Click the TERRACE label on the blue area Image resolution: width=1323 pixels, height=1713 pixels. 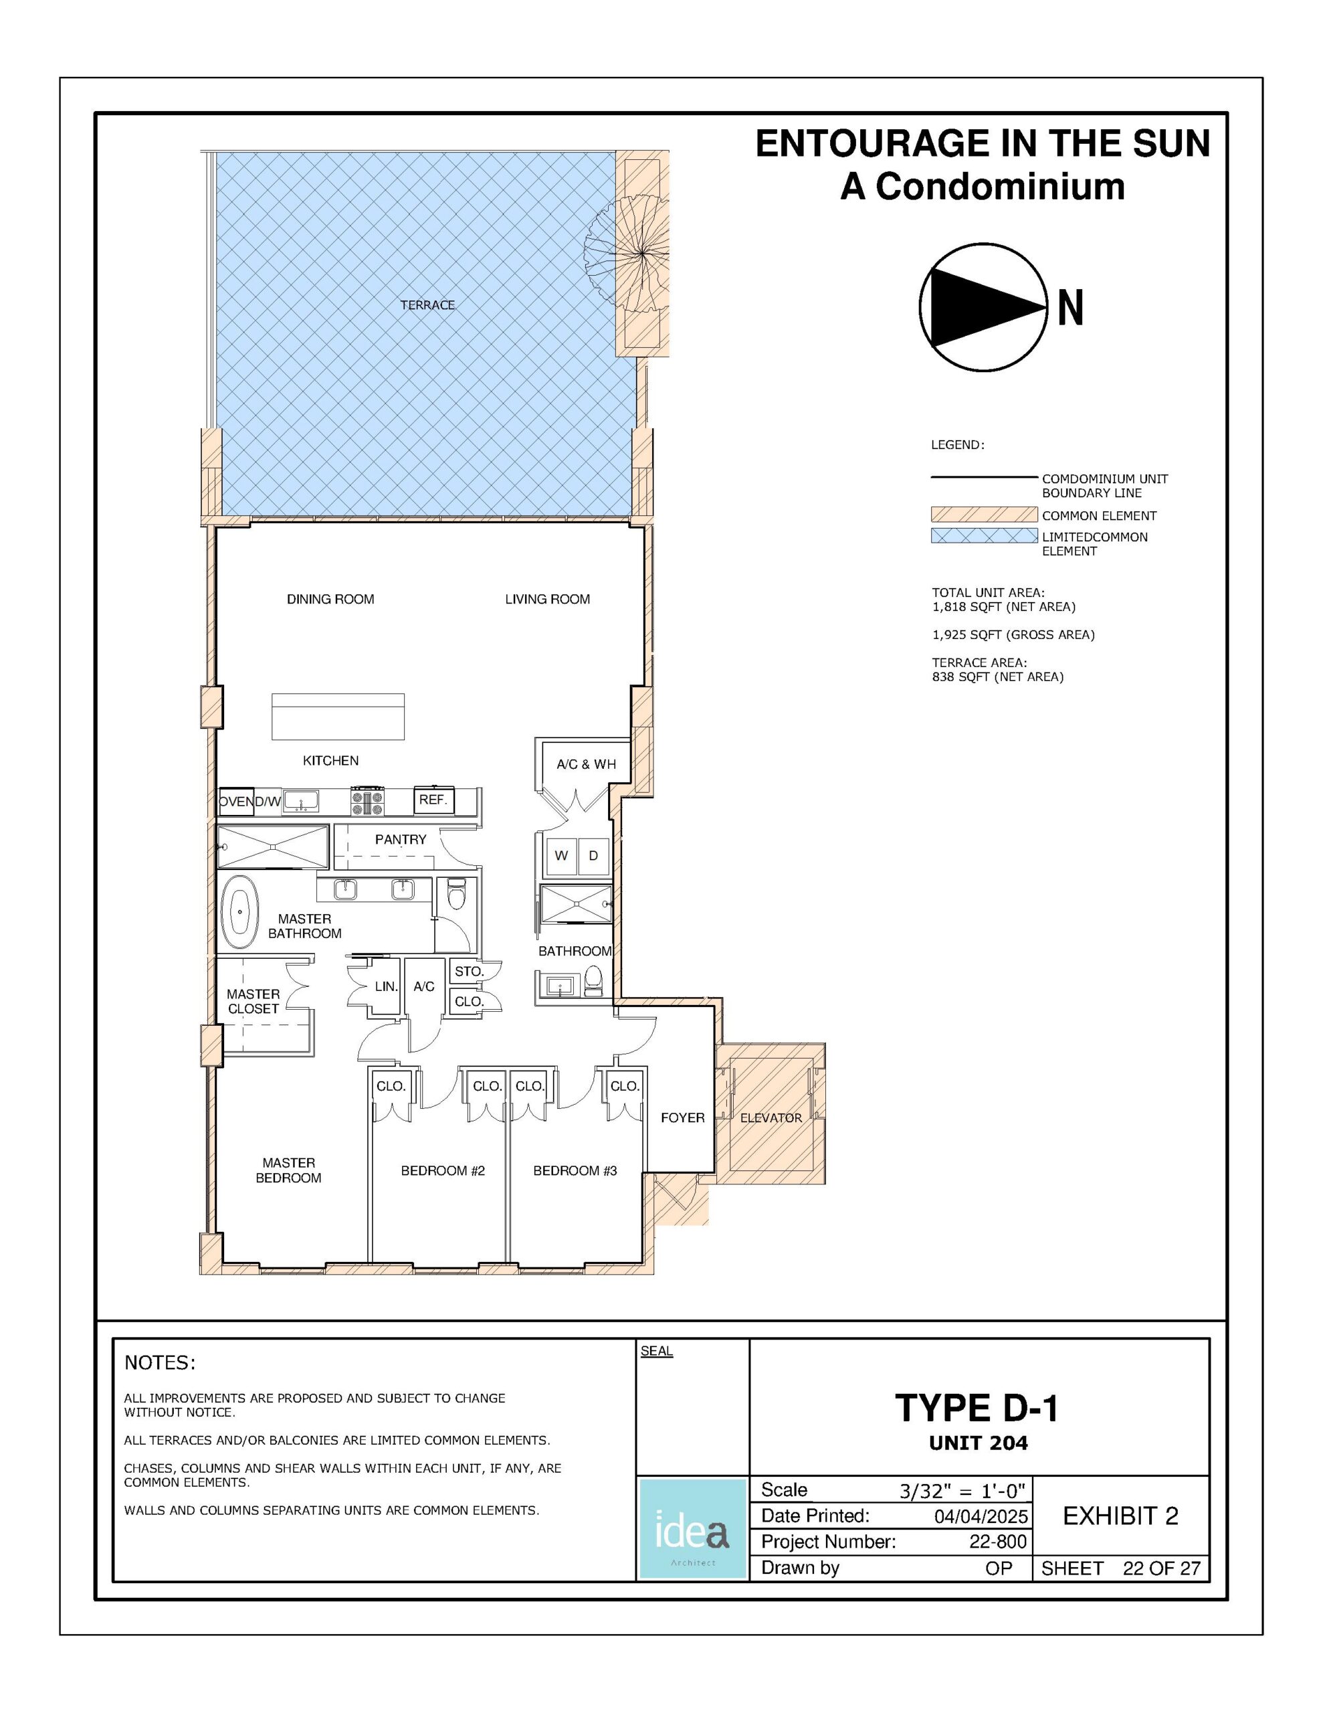tap(427, 305)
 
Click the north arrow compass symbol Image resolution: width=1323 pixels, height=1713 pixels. tap(983, 306)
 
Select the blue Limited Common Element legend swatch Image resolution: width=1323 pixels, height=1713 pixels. tap(983, 536)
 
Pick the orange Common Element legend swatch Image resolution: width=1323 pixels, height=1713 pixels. tap(983, 515)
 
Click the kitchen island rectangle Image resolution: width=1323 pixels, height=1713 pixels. tap(338, 716)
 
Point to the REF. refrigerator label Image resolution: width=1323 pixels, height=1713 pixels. tap(433, 800)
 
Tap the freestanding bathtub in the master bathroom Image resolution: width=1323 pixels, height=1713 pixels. tap(239, 912)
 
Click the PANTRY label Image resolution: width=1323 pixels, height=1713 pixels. tap(401, 839)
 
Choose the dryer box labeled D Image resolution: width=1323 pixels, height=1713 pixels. tap(594, 856)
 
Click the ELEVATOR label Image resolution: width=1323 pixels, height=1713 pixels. tap(771, 1117)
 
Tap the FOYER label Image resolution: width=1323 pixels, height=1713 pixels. tap(682, 1117)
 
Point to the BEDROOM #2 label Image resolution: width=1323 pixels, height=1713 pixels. tap(443, 1170)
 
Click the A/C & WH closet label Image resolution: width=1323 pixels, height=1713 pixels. tap(586, 764)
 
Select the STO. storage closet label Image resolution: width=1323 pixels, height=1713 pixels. tap(469, 971)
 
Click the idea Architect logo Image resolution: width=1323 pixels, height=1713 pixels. tap(692, 1529)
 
